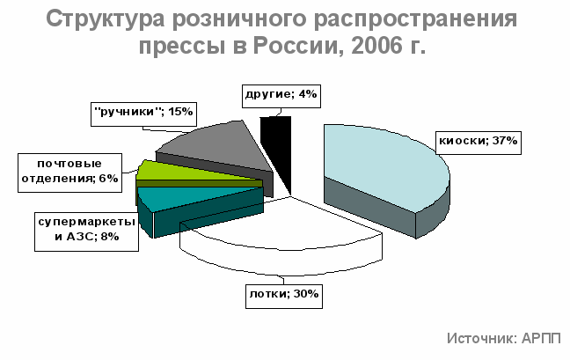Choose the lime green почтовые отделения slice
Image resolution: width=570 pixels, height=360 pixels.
pos(189,173)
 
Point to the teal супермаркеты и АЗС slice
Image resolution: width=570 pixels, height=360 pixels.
pos(196,207)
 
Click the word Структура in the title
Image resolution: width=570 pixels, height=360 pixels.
pos(106,19)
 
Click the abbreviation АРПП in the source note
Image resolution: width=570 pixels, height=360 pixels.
pos(541,339)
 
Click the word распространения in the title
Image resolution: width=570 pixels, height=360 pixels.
pos(415,20)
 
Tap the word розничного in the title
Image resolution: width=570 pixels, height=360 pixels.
pos(239,20)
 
